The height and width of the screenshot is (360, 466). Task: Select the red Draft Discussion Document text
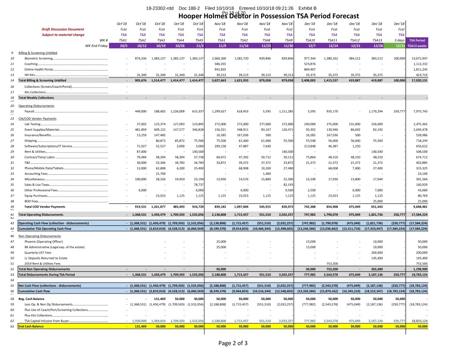pyautogui.click(x=63, y=29)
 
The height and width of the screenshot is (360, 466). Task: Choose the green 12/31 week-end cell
pyautogui.click(x=400, y=46)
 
